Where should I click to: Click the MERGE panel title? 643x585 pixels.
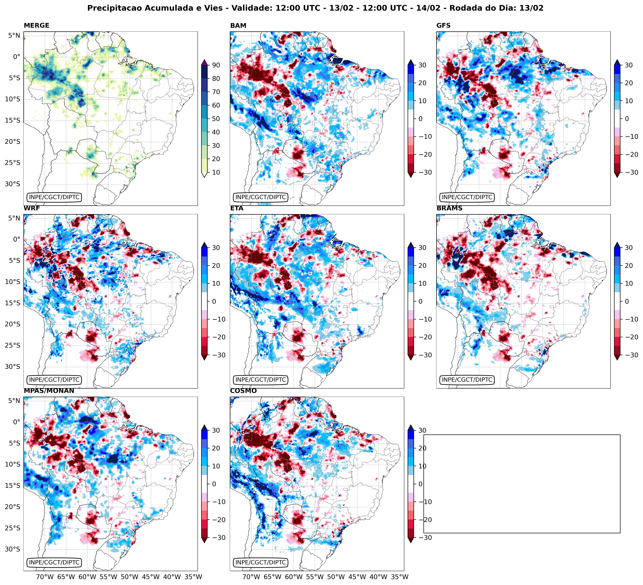point(36,25)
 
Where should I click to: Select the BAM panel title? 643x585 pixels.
point(238,25)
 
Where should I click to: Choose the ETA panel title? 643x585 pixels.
point(237,208)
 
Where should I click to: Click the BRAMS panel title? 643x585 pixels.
point(449,208)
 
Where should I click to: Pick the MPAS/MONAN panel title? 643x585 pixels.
point(49,391)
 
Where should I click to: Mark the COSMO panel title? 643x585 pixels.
point(243,391)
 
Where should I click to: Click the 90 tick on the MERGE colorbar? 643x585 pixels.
point(216,65)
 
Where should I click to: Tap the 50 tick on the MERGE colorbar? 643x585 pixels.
point(216,119)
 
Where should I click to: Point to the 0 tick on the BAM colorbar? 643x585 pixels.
point(420,119)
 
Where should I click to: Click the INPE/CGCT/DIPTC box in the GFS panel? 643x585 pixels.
point(467,197)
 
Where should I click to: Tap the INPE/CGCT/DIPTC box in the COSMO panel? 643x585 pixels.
point(261,562)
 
